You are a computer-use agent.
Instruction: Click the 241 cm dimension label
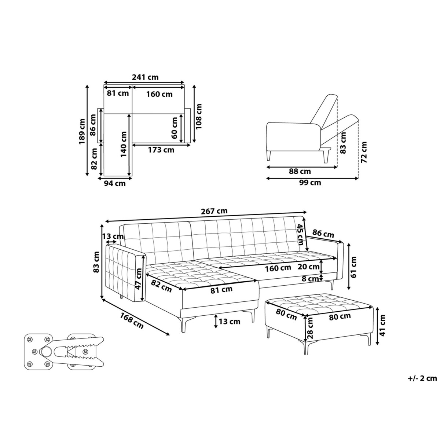(x=145, y=77)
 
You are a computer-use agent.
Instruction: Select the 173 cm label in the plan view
(x=161, y=150)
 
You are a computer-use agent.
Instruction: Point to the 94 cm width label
(x=115, y=183)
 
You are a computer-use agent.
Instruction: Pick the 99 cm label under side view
(x=310, y=182)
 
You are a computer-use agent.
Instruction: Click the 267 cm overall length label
(x=214, y=211)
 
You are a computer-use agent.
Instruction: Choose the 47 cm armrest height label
(x=139, y=278)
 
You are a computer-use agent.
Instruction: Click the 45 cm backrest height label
(x=301, y=235)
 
